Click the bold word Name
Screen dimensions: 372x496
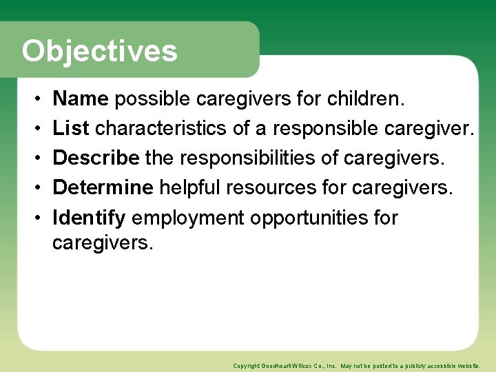81,99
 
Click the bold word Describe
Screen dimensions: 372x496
96,158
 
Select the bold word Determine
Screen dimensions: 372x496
103,188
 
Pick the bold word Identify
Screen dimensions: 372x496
89,218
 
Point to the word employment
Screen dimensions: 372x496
188,218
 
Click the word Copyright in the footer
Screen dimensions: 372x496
245,366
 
